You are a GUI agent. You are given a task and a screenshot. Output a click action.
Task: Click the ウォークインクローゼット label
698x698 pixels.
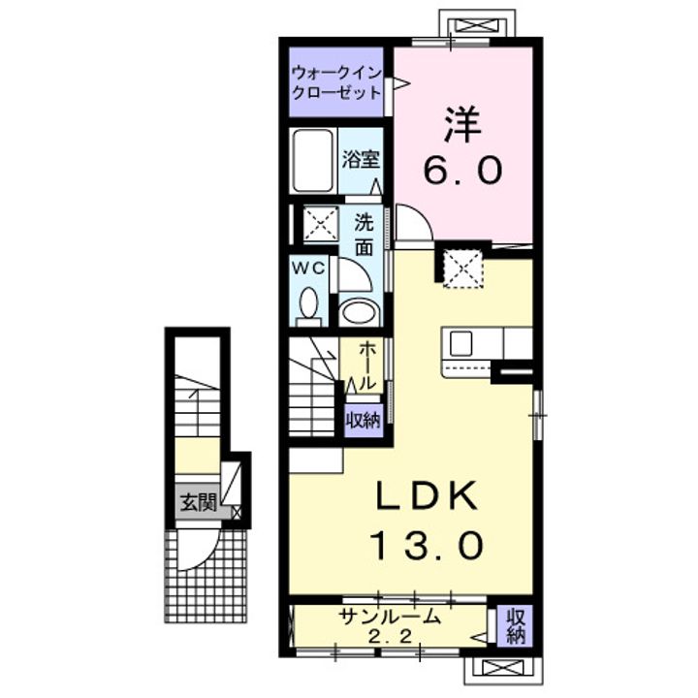[x=336, y=82]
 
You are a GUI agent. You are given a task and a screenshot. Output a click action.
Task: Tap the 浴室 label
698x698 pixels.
[x=361, y=159]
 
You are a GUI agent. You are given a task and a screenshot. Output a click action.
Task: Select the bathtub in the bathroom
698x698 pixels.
[x=313, y=161]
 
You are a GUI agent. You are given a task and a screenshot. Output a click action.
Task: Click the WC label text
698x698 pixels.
[x=308, y=268]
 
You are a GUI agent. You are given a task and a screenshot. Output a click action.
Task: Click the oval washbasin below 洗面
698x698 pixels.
[x=359, y=312]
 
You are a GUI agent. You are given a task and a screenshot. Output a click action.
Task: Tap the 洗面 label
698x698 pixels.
[x=365, y=236]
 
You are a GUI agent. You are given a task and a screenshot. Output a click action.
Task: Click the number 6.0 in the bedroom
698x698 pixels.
[x=463, y=170]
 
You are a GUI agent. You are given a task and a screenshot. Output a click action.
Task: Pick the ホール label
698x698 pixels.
[x=366, y=365]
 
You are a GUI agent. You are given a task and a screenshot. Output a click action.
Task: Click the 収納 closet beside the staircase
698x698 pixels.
[x=365, y=421]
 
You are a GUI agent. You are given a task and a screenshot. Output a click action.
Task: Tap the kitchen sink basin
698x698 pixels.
[x=460, y=343]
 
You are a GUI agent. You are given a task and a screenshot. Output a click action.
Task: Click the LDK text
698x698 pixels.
[x=428, y=496]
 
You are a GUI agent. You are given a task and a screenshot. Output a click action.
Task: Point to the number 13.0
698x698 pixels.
[x=428, y=546]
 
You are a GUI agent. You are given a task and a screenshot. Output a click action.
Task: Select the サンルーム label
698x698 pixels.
[x=390, y=617]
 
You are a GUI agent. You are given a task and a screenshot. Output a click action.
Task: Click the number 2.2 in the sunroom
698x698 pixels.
[x=390, y=638]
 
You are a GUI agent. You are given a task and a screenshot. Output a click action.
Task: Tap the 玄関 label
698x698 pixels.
[x=198, y=502]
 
